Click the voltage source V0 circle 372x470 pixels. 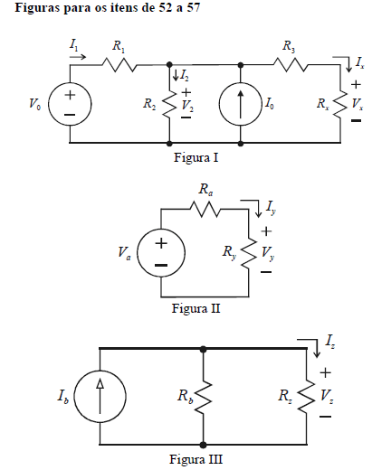click(x=49, y=104)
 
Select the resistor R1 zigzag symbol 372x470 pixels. click(x=119, y=65)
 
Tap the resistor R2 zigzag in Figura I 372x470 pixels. click(x=169, y=104)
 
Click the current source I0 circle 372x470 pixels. click(x=219, y=104)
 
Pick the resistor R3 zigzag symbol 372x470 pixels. click(x=291, y=65)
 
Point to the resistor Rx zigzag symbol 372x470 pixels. click(x=340, y=105)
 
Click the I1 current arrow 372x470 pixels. click(x=78, y=57)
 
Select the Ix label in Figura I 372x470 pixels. click(x=359, y=62)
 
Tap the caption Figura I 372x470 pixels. click(x=196, y=157)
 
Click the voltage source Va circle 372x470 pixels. click(x=138, y=252)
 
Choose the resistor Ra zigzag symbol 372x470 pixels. click(x=205, y=210)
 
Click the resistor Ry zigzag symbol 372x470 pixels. click(x=249, y=254)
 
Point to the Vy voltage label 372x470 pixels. click(x=268, y=252)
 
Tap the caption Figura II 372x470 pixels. click(x=196, y=308)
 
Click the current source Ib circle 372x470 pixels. click(x=74, y=396)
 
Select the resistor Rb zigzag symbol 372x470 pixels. click(x=204, y=397)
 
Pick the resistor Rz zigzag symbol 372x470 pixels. click(x=307, y=397)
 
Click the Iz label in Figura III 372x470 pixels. click(x=329, y=342)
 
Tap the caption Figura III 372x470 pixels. click(x=196, y=459)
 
